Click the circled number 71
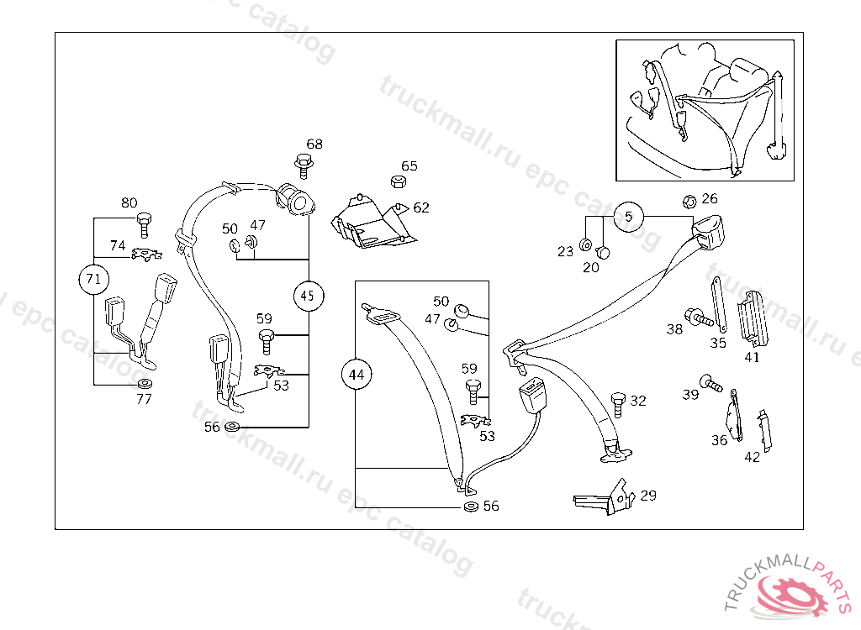coord(93,278)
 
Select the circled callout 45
coord(308,296)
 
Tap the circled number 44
coord(357,375)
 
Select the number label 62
coord(420,207)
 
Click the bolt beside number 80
coord(143,223)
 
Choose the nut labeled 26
coord(687,201)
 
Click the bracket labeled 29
coord(602,497)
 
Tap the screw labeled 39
coord(710,384)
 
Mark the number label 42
coord(752,458)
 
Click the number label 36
coord(720,440)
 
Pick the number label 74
coord(118,246)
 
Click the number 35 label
coord(718,343)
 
